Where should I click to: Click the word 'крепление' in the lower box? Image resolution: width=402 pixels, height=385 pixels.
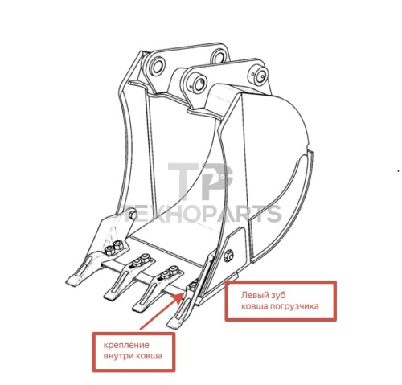point(126,345)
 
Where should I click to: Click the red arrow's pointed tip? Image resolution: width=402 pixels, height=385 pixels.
point(183,293)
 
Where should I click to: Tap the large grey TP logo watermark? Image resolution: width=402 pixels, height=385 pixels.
point(200,182)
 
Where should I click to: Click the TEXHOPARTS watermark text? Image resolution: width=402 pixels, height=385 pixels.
point(200,214)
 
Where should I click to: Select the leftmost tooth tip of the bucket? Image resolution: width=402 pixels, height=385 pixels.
point(72,281)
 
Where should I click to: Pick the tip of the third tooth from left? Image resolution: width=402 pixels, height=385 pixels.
point(138,308)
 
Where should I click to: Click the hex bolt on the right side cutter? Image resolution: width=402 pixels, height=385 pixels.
point(228,256)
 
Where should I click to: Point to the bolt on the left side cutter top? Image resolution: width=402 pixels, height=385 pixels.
point(133,215)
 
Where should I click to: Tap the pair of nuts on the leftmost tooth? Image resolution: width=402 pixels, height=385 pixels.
point(114,248)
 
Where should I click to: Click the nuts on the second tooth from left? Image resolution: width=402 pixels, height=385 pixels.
point(142,260)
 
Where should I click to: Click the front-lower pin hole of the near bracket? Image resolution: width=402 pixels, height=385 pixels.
point(199,83)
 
